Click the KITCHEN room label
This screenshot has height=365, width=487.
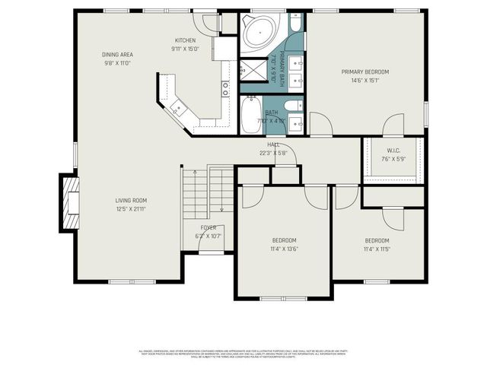[185, 40]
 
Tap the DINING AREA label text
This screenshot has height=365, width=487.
[118, 55]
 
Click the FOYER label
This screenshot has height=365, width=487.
[208, 227]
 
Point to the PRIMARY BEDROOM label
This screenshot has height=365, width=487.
[364, 72]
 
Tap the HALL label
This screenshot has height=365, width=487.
[272, 144]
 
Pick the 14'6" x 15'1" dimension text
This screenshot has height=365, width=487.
[364, 81]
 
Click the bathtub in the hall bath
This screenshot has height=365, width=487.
[252, 115]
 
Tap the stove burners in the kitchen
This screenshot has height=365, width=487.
[226, 88]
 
